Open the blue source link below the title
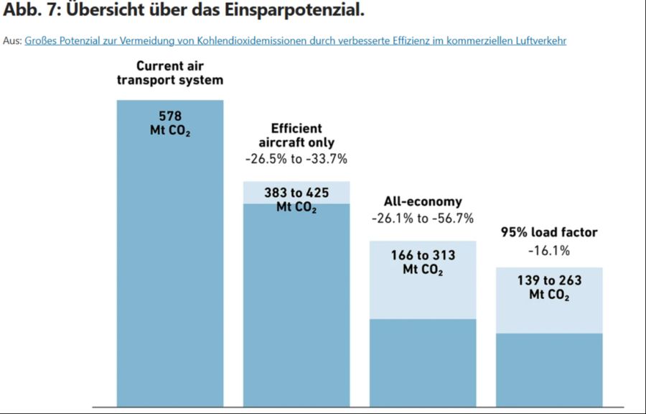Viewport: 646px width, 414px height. (295, 41)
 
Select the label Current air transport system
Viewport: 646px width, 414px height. (170, 73)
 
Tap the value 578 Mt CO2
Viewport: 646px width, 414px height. (170, 123)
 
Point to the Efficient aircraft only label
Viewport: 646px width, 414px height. (296, 136)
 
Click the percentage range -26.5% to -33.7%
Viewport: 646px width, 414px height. (296, 158)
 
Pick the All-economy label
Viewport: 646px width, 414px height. (423, 202)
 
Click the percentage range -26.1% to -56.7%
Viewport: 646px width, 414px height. (423, 218)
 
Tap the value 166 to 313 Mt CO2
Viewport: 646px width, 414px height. (423, 262)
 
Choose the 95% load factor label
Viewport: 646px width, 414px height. (549, 232)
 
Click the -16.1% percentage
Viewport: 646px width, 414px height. (549, 251)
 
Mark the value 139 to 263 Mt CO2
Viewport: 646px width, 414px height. (549, 287)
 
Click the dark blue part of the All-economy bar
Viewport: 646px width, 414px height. (423, 363)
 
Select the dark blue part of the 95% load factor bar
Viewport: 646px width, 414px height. (549, 370)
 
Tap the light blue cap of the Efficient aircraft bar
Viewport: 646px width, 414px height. (258, 193)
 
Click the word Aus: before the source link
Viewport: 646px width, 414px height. (12, 41)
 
